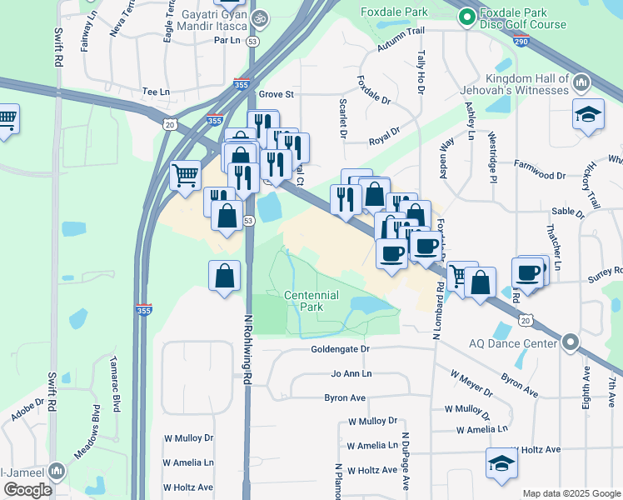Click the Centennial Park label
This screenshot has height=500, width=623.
[x=311, y=301]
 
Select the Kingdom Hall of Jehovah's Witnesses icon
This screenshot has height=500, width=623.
[x=581, y=82]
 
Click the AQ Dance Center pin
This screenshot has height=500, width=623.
[x=570, y=342]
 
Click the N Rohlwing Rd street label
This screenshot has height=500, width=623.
[x=247, y=348]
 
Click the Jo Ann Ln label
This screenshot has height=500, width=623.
[x=351, y=374]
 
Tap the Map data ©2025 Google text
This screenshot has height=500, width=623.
[x=571, y=493]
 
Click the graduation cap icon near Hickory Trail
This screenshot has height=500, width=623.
[x=588, y=114]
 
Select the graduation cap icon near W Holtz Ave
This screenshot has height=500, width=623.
[x=502, y=463]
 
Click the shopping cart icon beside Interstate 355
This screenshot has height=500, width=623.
[x=185, y=175]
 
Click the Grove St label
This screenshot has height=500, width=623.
[x=277, y=94]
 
